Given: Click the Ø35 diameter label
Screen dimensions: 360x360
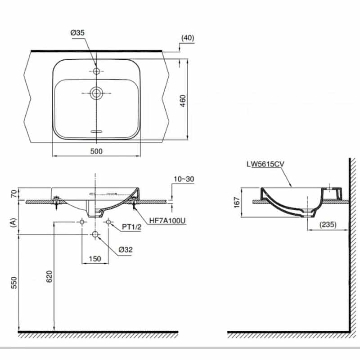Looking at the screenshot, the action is click(x=77, y=32).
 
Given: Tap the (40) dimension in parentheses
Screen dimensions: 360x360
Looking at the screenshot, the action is click(x=188, y=38).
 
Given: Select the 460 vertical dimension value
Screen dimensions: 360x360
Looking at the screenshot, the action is click(x=183, y=101).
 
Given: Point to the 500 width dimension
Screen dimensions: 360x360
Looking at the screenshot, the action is click(x=96, y=151).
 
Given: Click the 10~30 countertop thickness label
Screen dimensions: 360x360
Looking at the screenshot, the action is click(x=184, y=179).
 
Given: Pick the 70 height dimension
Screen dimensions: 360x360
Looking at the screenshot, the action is click(x=14, y=194).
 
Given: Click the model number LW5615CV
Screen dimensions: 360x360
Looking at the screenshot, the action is click(x=265, y=164).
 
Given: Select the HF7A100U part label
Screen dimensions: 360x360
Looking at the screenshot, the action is click(x=167, y=220).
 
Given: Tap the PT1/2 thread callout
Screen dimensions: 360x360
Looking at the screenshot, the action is click(x=131, y=227).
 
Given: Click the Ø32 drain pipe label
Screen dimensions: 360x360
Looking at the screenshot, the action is click(x=126, y=250).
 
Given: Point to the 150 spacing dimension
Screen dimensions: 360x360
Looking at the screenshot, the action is click(x=95, y=259).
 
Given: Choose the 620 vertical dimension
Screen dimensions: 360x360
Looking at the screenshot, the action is click(x=49, y=276).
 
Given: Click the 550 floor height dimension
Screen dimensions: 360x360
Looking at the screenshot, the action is click(x=14, y=283).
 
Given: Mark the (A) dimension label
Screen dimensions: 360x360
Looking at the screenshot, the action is click(x=14, y=222).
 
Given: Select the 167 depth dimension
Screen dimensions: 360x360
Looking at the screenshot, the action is click(x=237, y=202).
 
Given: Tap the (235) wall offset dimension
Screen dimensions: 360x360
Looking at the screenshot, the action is click(x=328, y=224).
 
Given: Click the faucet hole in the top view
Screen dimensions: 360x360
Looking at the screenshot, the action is click(x=96, y=71).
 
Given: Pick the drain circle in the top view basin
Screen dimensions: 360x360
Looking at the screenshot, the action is click(x=96, y=93).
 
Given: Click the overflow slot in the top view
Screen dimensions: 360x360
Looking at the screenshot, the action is click(x=96, y=131).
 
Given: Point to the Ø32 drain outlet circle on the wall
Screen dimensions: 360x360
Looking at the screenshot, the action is click(x=95, y=234).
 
